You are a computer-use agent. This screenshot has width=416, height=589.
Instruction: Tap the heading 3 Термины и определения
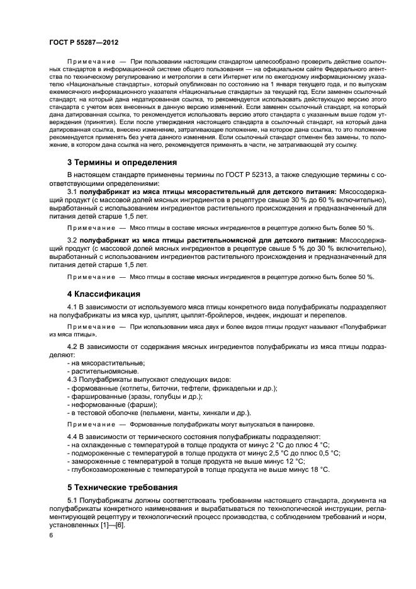[121, 162]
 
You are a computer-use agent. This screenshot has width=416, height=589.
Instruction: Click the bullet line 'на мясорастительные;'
[106, 363]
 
